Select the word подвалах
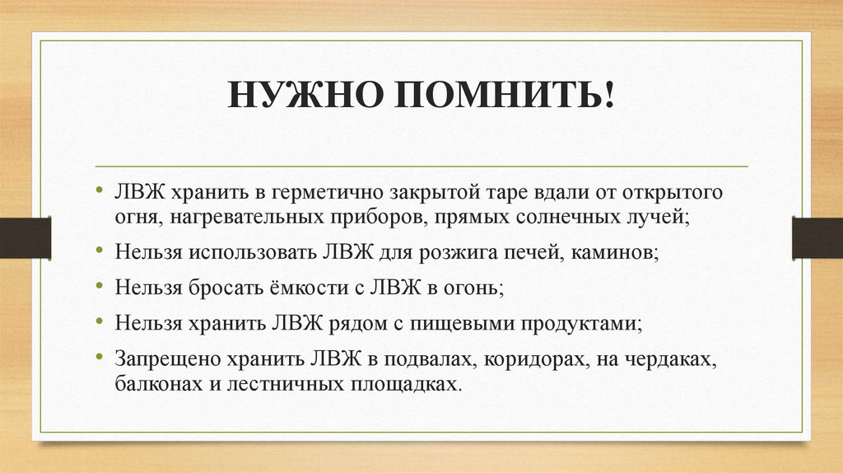[x=417, y=360]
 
